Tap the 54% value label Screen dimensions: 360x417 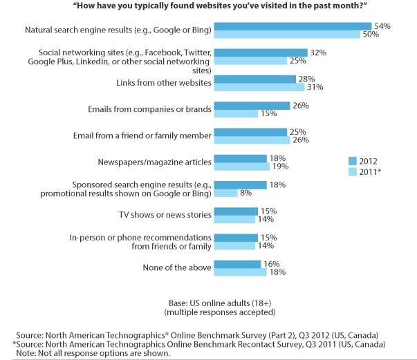383,26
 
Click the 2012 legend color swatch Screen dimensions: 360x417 353,160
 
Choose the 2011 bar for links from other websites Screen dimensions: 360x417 259,87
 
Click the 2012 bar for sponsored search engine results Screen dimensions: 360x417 240,185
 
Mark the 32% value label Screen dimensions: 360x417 318,52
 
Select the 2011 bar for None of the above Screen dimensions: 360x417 240,272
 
